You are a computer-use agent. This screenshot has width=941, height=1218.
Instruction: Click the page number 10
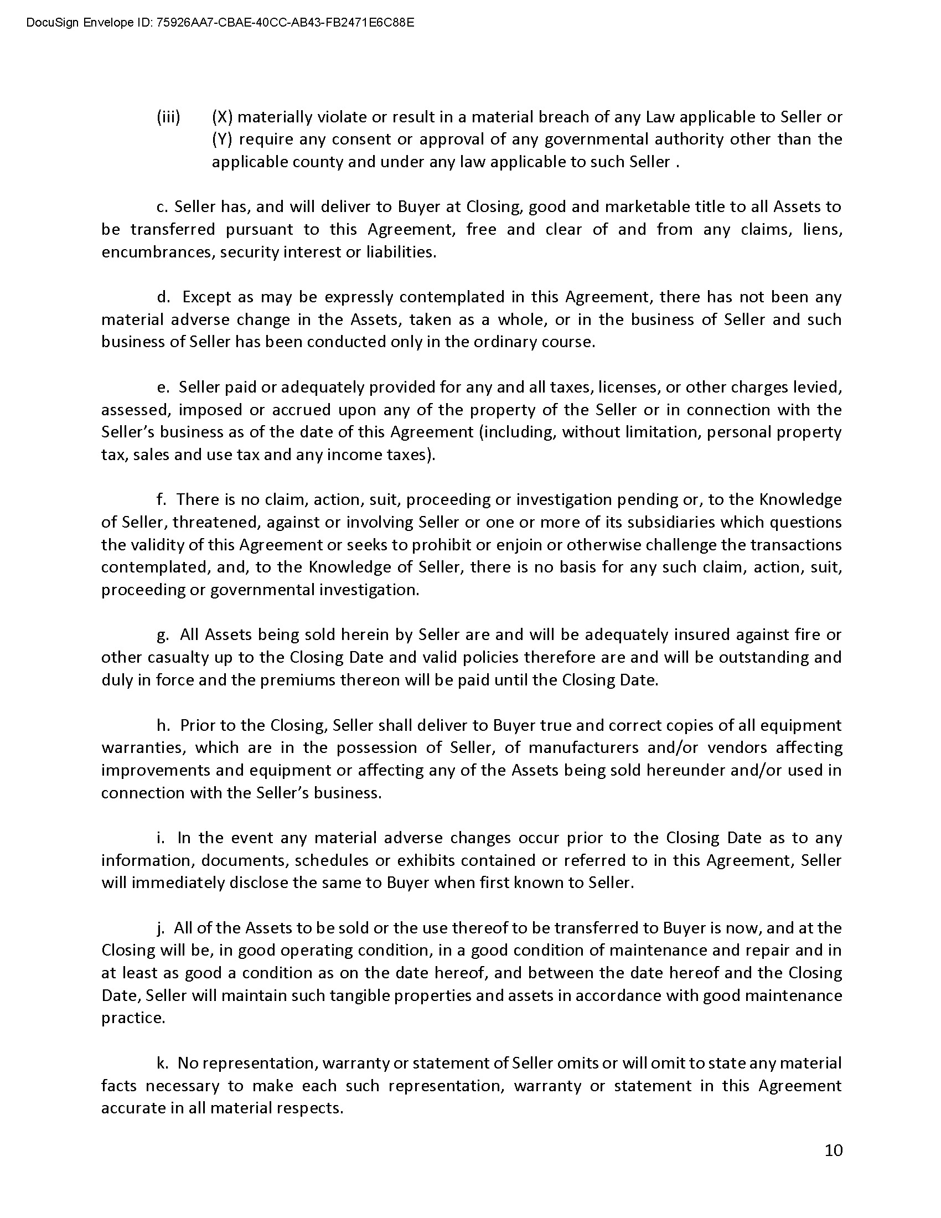[834, 1150]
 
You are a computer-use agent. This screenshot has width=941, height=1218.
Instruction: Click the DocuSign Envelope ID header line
[220, 23]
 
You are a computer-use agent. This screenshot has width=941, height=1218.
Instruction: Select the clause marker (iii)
[168, 117]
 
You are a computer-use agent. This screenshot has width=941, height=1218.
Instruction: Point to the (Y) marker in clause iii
[222, 140]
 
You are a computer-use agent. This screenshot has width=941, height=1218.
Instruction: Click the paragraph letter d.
[163, 297]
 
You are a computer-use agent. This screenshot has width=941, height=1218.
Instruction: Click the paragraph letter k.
[163, 1063]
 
